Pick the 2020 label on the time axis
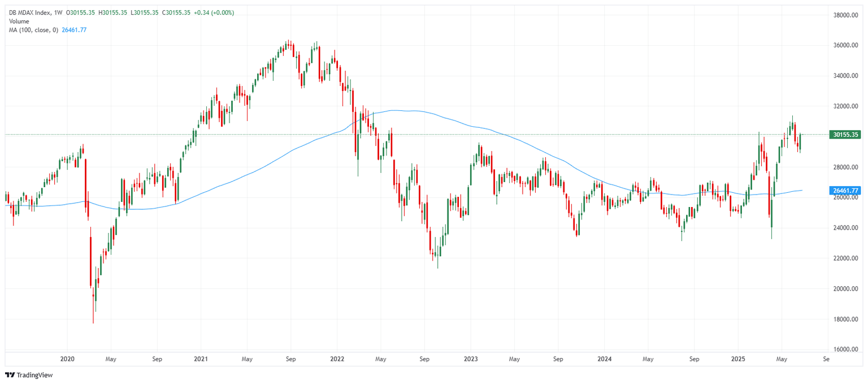(x=67, y=359)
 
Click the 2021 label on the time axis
(x=201, y=359)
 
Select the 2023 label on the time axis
(x=470, y=359)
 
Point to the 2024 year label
(x=604, y=359)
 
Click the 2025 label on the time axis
(x=738, y=359)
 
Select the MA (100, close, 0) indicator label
(x=32, y=30)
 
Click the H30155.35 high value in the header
(x=112, y=12)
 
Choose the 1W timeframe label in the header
(x=58, y=12)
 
